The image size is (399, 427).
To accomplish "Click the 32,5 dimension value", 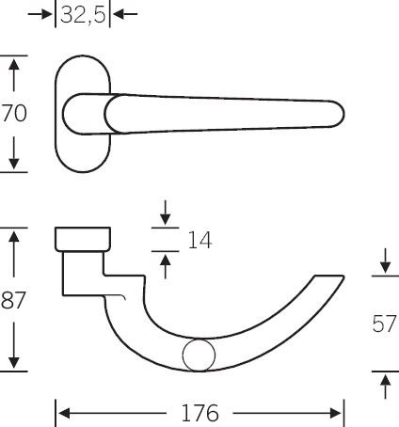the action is (83, 15).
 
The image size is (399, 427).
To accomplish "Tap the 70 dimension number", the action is (14, 114).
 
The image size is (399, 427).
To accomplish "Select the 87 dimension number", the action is (13, 300).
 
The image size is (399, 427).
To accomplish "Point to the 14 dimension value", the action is (199, 240).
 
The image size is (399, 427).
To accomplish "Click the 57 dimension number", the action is (385, 324).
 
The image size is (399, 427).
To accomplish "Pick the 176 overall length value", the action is (199, 413).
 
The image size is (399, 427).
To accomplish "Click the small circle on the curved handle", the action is (199, 356).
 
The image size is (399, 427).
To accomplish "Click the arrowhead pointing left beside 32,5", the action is (120, 14).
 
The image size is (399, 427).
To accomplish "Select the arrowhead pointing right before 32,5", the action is (45, 14).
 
